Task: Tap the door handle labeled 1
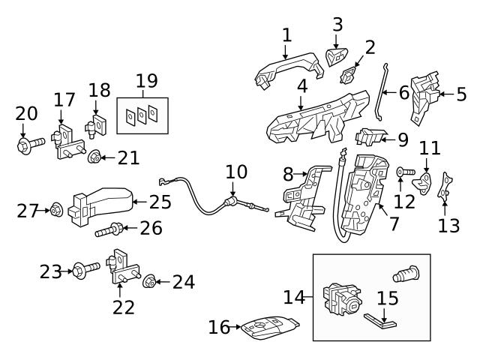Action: click(289, 72)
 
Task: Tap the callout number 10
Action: click(235, 172)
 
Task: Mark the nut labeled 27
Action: click(56, 211)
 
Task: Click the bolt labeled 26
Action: click(109, 229)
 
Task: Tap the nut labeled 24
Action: click(149, 282)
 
